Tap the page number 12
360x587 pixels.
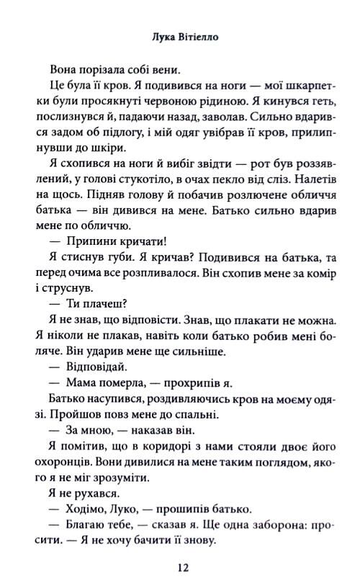click(181, 568)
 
